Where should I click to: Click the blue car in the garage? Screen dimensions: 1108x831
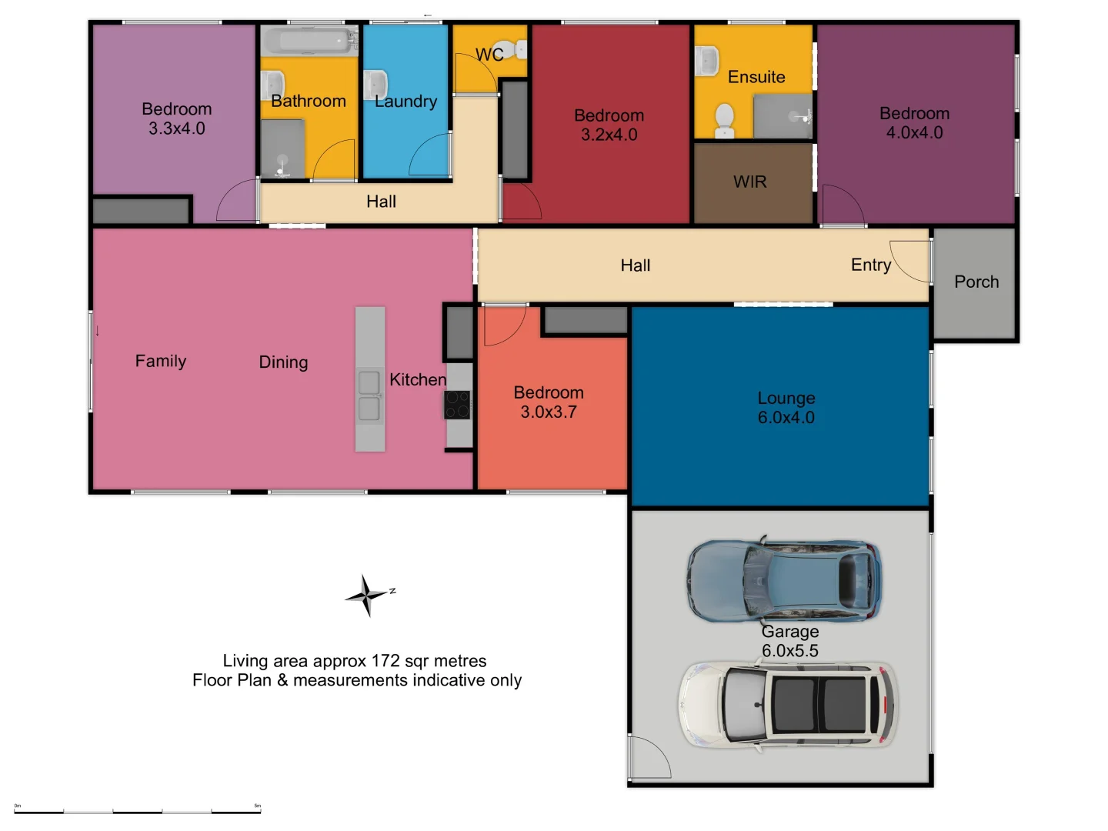click(x=783, y=579)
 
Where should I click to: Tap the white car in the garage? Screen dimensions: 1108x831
click(x=787, y=704)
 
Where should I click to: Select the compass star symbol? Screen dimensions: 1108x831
click(x=368, y=596)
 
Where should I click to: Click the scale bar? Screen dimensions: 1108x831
click(x=137, y=812)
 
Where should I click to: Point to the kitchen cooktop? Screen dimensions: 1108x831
click(x=457, y=405)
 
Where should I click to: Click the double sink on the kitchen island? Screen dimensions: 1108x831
click(x=369, y=395)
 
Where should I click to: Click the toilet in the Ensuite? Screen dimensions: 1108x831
click(x=724, y=121)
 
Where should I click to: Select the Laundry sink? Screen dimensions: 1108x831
click(x=375, y=85)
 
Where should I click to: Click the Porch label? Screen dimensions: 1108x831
click(x=976, y=282)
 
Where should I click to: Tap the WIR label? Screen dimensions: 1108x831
click(x=749, y=182)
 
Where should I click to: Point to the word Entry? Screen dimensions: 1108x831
click(x=871, y=265)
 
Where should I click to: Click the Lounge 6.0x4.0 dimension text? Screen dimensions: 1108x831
click(x=786, y=417)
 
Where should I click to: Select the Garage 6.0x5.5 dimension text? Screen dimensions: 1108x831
click(x=790, y=650)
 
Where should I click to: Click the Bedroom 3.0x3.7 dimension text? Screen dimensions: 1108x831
click(x=549, y=412)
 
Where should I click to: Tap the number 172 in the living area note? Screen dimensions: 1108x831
click(x=385, y=660)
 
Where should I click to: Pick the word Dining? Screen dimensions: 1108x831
click(x=283, y=362)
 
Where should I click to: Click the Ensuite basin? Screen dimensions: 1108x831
click(x=706, y=61)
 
